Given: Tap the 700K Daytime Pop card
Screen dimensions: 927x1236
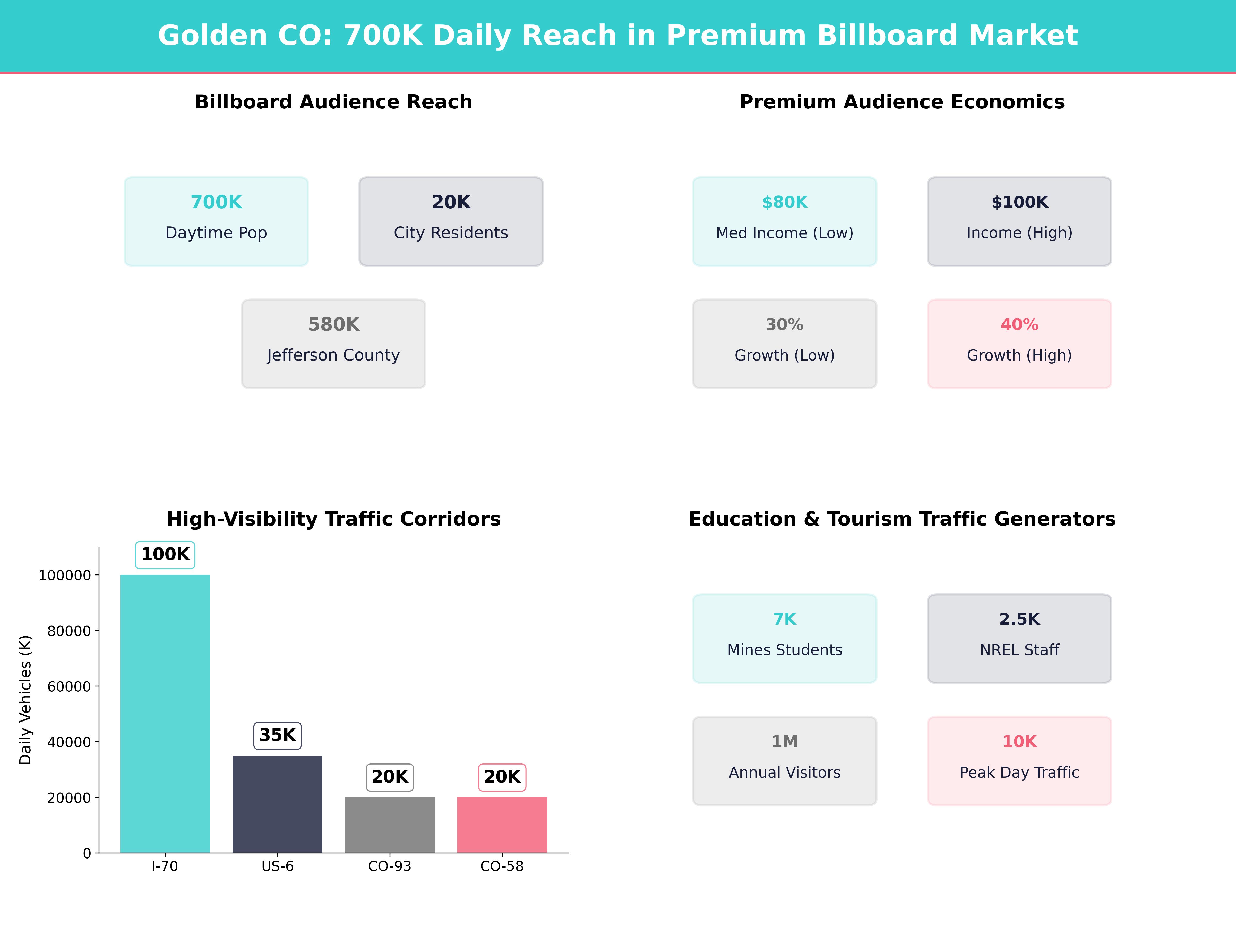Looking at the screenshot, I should [x=216, y=221].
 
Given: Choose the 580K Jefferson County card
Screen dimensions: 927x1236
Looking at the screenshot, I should [x=333, y=344].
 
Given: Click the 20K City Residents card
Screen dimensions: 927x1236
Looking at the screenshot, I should [x=451, y=221].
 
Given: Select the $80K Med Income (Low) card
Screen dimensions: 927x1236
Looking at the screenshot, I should [x=785, y=221].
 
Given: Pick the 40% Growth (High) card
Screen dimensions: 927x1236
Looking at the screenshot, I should [x=1019, y=344].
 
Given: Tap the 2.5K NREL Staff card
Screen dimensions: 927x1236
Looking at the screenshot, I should [x=1019, y=638].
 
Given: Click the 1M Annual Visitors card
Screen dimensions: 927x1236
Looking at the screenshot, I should [x=785, y=760].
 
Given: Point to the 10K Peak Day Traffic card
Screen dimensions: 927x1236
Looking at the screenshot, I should [x=1019, y=760].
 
